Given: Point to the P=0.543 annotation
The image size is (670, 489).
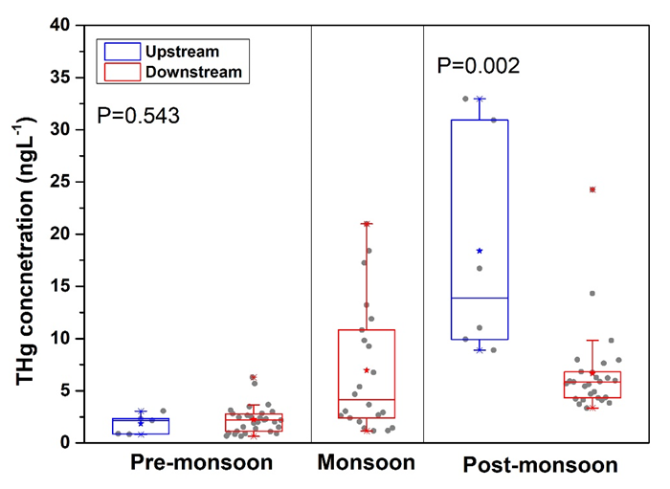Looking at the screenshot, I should (139, 117).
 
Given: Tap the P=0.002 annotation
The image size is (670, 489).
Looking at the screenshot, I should (478, 66).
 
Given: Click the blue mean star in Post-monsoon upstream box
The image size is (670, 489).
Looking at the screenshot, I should (480, 251).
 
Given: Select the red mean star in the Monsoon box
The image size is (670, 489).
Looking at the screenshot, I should (367, 370).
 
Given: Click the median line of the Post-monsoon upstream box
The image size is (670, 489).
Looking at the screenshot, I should (480, 298).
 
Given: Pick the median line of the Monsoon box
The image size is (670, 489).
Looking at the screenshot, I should (367, 399).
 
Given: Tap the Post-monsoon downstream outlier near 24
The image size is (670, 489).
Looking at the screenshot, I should (592, 189).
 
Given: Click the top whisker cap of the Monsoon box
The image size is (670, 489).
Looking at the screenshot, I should (367, 224).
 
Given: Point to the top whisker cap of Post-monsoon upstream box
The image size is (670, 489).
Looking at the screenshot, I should (480, 99).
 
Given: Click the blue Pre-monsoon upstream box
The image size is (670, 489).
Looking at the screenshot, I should (141, 426).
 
